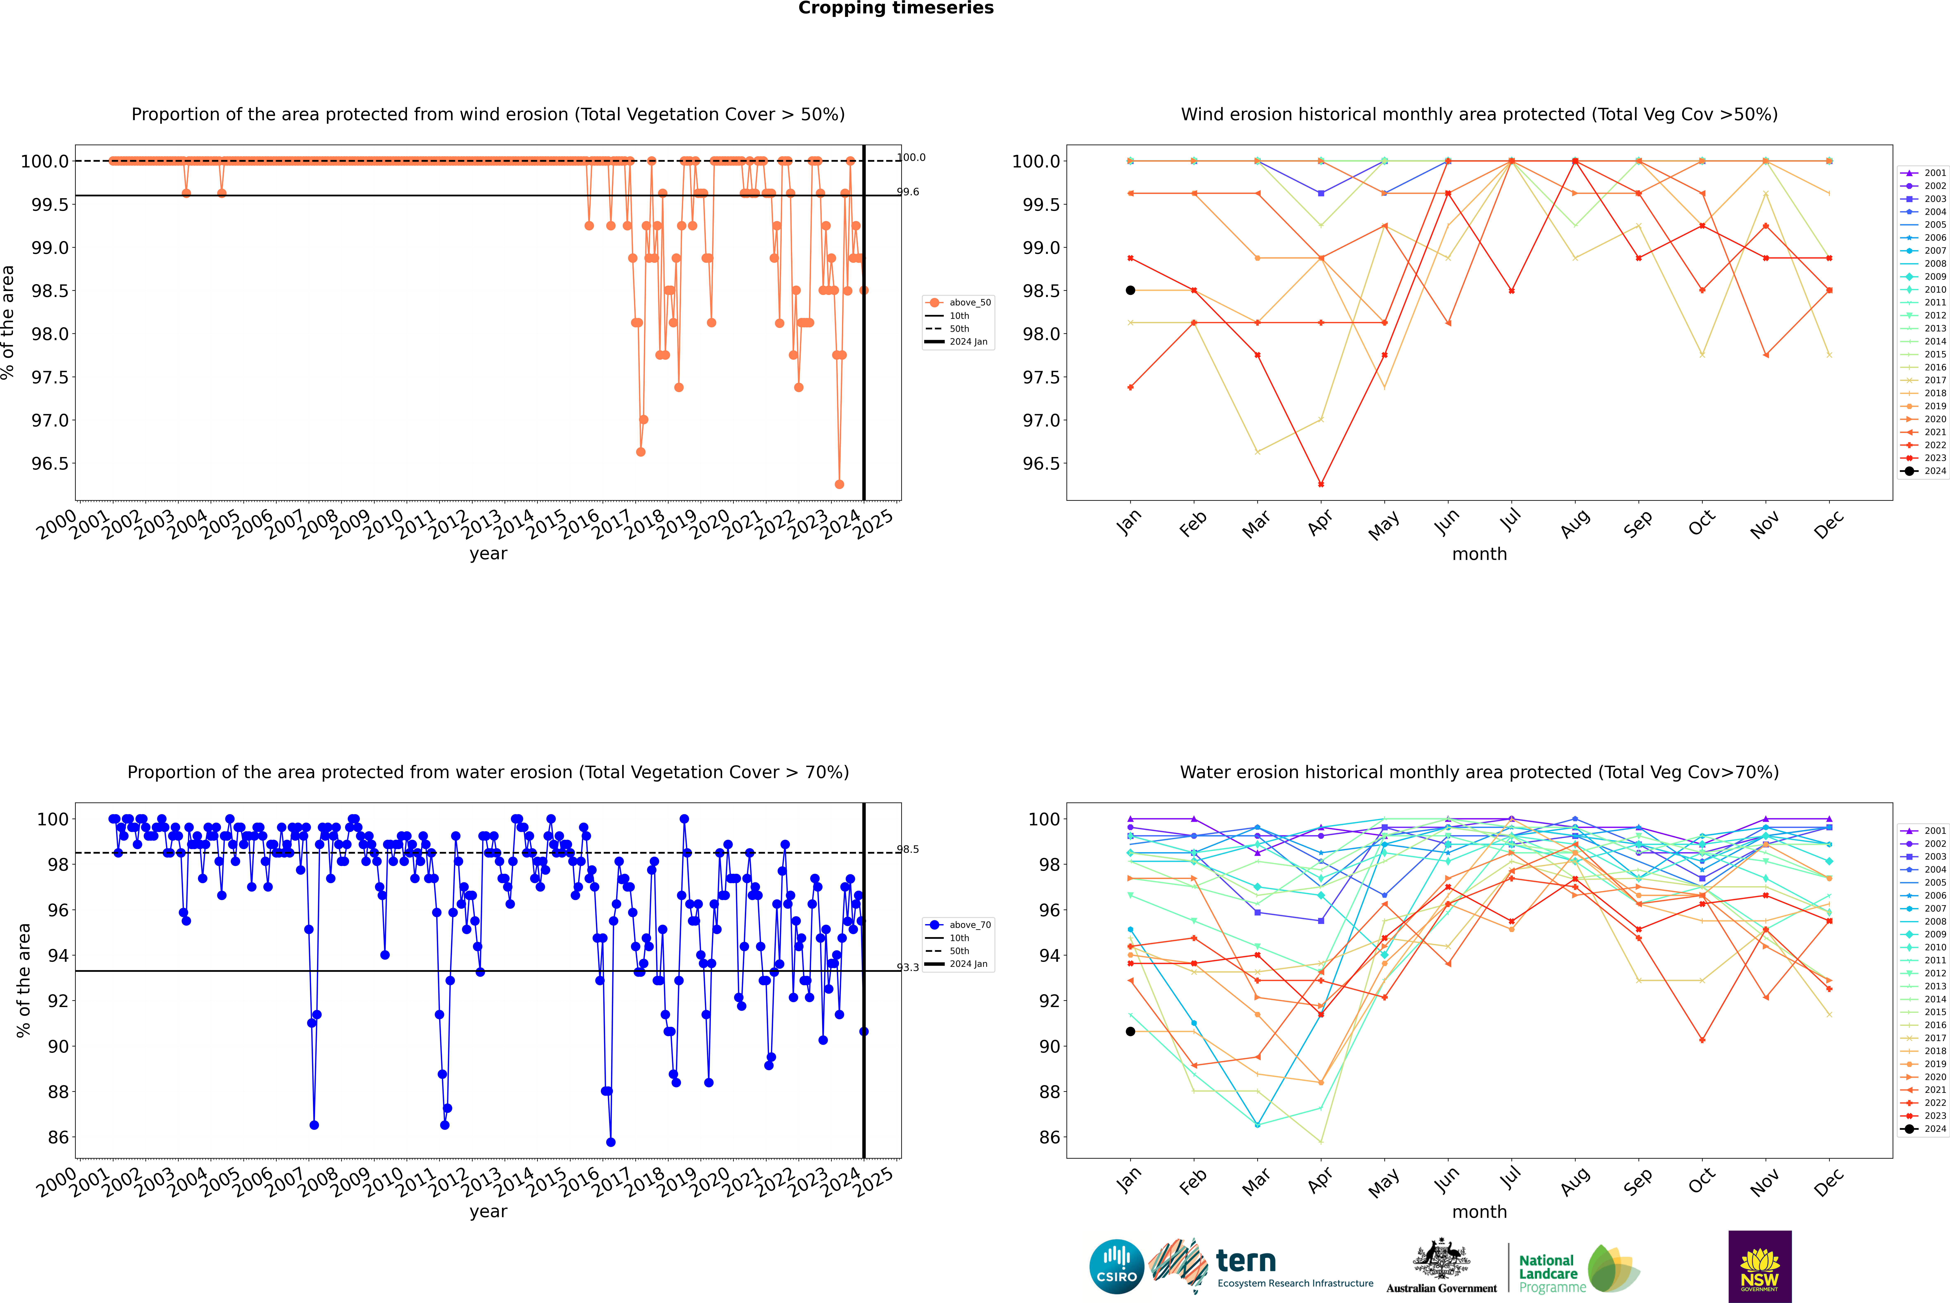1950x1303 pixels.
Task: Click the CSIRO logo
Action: point(1116,1266)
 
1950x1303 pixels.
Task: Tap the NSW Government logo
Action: point(1760,1266)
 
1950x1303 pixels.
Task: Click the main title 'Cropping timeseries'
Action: point(895,8)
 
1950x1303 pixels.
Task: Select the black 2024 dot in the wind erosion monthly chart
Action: point(1130,290)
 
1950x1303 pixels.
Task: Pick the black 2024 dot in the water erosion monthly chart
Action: point(1130,1031)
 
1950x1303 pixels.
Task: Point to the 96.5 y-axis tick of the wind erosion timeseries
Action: point(50,464)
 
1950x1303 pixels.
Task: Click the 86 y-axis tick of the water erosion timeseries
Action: point(58,1137)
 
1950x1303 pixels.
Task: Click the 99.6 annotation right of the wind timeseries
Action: point(908,192)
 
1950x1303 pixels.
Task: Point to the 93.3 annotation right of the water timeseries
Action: point(908,967)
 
